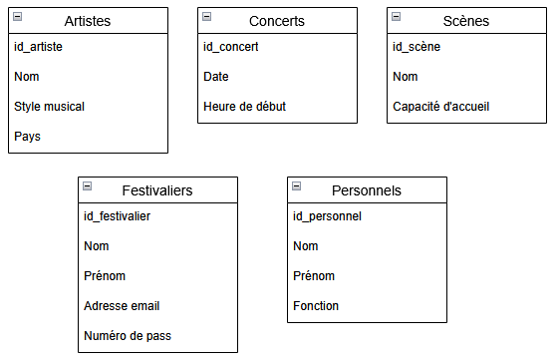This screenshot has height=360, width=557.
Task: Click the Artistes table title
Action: pyautogui.click(x=87, y=21)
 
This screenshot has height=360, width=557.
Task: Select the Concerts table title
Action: pyautogui.click(x=276, y=21)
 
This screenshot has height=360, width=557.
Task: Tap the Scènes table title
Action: pyautogui.click(x=465, y=21)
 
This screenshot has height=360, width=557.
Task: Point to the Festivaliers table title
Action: pyautogui.click(x=157, y=190)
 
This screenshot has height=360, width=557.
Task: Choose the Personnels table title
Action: pyautogui.click(x=367, y=190)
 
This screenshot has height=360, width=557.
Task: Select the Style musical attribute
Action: pyautogui.click(x=49, y=107)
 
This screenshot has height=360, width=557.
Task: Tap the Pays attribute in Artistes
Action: pyautogui.click(x=28, y=137)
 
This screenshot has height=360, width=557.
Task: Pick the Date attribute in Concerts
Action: pyautogui.click(x=216, y=77)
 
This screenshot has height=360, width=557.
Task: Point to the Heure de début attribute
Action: pyautogui.click(x=244, y=107)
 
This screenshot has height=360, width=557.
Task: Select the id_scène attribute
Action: pyautogui.click(x=417, y=47)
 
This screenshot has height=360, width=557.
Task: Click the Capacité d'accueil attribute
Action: pyautogui.click(x=440, y=107)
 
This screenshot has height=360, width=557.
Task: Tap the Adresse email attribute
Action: pyautogui.click(x=122, y=306)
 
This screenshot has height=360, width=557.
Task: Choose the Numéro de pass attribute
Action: pyautogui.click(x=128, y=336)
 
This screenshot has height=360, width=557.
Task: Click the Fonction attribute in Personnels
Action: pyautogui.click(x=316, y=306)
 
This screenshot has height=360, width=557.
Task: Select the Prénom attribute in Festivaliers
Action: pyautogui.click(x=105, y=276)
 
